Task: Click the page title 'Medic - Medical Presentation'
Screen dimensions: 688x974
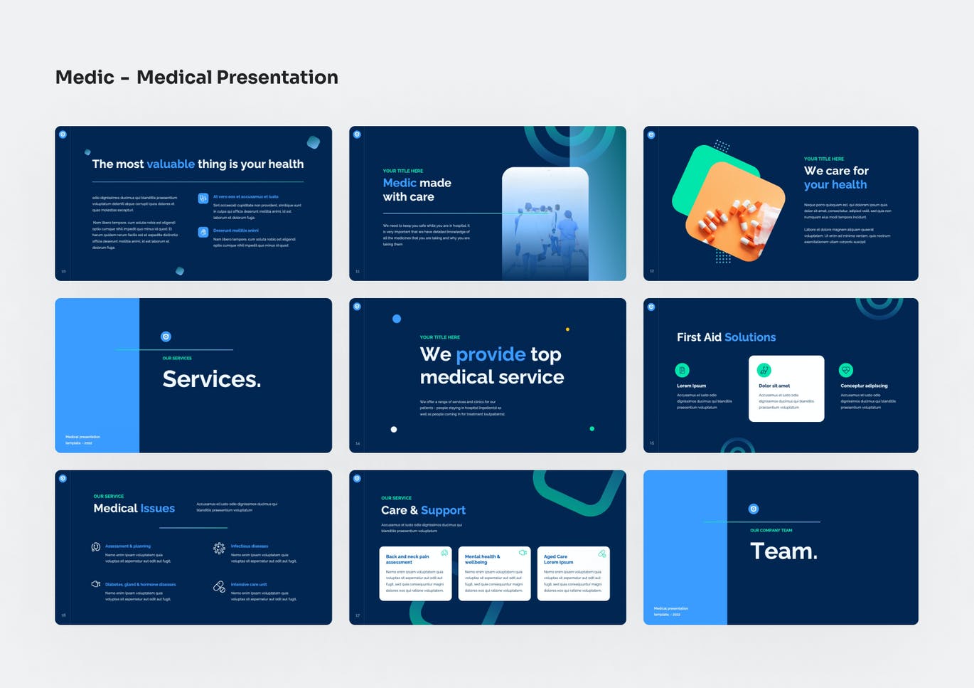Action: point(196,77)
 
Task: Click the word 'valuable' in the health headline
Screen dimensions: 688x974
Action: point(171,164)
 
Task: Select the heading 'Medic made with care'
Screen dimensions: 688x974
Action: point(417,190)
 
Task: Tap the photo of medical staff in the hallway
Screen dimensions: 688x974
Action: point(545,224)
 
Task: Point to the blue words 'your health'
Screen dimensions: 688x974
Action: point(835,185)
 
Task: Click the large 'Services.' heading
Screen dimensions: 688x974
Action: point(211,379)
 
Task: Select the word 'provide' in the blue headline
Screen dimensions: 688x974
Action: point(491,354)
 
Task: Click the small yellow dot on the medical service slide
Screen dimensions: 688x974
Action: point(567,329)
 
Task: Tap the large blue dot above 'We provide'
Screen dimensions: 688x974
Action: point(397,319)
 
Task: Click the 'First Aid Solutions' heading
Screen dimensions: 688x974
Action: point(726,337)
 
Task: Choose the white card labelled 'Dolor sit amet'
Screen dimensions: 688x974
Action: point(786,388)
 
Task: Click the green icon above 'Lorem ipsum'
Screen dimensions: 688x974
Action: point(682,370)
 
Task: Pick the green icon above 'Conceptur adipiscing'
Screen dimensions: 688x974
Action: point(845,370)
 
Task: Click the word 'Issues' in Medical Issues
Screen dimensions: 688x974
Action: point(157,508)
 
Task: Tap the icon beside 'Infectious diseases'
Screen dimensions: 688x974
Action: point(219,548)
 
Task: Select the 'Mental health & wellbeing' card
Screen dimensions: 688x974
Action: point(494,573)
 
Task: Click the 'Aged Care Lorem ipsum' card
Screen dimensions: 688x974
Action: point(573,573)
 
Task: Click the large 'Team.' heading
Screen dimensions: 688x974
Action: point(783,551)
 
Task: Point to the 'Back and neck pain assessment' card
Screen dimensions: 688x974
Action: point(415,573)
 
